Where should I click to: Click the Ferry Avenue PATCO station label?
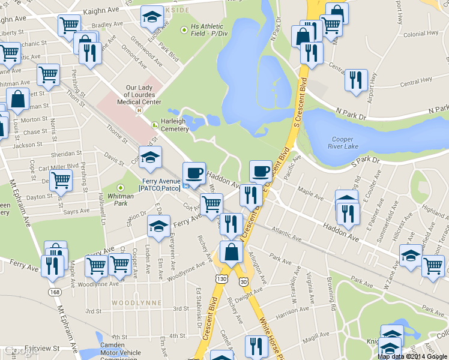[x=161, y=184]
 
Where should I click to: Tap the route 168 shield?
[x=55, y=292]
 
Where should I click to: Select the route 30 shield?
[x=243, y=281]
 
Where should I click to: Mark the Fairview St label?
[x=41, y=347]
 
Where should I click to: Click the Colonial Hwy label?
[x=420, y=35]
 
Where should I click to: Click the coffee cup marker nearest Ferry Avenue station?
[x=193, y=173]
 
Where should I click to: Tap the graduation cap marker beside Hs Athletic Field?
[x=152, y=17]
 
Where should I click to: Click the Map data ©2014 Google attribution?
[x=412, y=356]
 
